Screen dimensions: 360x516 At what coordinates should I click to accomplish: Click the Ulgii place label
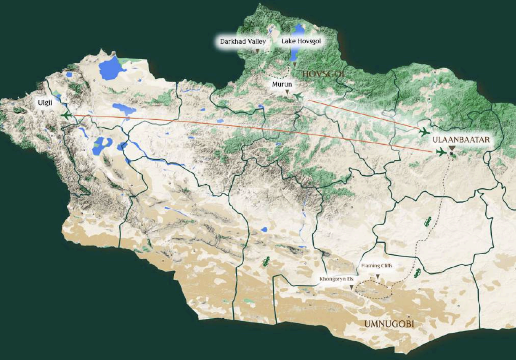(x=44, y=103)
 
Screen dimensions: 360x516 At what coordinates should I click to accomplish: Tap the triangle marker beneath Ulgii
(x=44, y=112)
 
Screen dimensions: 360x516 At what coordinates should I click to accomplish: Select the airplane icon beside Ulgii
(x=66, y=115)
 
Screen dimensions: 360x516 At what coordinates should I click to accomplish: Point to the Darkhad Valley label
(x=243, y=41)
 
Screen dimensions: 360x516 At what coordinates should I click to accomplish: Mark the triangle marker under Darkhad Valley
(x=258, y=51)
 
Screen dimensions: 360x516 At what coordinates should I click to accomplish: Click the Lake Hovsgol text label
(x=301, y=41)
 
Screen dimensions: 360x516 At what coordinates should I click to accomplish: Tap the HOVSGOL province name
(x=322, y=74)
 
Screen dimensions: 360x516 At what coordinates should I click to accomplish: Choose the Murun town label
(x=282, y=85)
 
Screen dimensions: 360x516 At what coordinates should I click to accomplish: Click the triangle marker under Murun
(x=287, y=93)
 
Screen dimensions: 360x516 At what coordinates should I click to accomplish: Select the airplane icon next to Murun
(x=299, y=96)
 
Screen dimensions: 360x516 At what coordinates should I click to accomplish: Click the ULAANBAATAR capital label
(x=461, y=140)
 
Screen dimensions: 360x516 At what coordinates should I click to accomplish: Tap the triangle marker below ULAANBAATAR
(x=452, y=148)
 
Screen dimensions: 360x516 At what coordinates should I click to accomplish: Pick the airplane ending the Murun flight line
(x=425, y=132)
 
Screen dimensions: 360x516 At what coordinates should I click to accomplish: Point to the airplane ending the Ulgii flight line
(x=441, y=152)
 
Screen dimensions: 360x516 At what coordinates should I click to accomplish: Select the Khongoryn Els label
(x=336, y=279)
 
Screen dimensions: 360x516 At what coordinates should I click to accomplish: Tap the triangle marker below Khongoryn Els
(x=351, y=287)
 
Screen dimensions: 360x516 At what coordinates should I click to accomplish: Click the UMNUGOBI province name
(x=389, y=325)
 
